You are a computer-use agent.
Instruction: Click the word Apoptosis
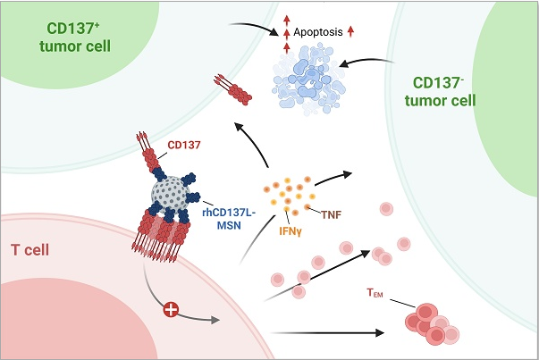318,33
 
